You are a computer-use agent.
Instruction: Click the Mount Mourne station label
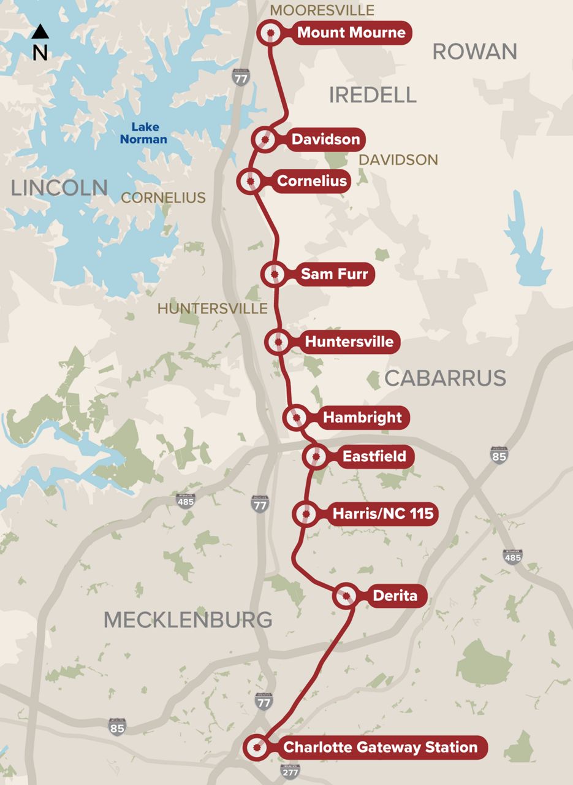point(351,33)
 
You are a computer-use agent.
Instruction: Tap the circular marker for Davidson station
point(265,140)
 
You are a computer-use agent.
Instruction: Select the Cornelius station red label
point(311,181)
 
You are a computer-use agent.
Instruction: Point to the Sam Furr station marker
point(275,274)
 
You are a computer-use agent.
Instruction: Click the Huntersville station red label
point(349,342)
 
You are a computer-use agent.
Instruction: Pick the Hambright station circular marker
point(297,418)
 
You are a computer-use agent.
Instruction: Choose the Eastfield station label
point(374,456)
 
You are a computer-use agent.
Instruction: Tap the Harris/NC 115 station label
point(382,513)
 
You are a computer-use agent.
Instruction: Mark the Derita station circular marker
point(346,595)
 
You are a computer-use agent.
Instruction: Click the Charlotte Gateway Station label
point(379,747)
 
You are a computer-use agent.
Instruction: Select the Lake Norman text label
point(143,133)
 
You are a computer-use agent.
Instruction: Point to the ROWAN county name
point(474,52)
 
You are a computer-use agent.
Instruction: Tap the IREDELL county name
point(373,95)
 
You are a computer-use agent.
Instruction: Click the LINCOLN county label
point(59,188)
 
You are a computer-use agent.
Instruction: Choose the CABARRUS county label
point(445,378)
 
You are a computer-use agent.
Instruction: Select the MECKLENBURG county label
point(188,620)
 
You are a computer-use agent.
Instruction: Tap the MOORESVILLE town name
point(322,10)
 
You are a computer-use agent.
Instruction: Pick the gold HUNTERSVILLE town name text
point(212,308)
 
